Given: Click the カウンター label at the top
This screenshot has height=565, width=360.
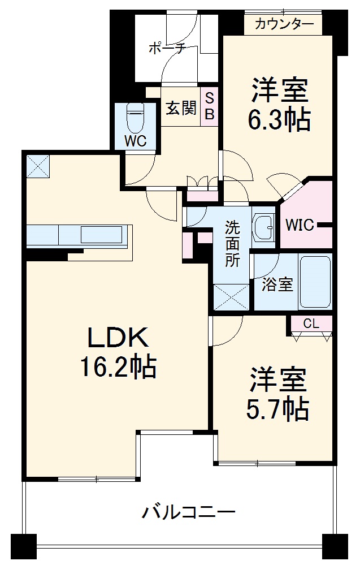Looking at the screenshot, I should pos(284,24).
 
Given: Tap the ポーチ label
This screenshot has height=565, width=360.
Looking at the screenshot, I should pos(167,48).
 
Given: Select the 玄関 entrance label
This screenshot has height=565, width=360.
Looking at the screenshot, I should pos(180,107).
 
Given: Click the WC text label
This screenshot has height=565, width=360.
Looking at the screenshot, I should pos(136,141).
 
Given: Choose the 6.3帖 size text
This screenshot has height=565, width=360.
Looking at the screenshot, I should pos(279,119).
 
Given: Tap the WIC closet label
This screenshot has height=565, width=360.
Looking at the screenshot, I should pos(300,225).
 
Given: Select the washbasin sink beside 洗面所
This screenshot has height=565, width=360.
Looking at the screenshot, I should pos(263,227).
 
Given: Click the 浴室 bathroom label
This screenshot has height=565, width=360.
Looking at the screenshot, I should pos(277,285).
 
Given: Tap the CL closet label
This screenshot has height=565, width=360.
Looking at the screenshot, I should pos(311,324).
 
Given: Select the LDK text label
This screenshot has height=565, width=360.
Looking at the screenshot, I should pos(117,338).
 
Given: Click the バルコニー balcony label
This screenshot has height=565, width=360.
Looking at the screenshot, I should pos(188,513).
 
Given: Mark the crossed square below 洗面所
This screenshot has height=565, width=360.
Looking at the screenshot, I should pos(231,296).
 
